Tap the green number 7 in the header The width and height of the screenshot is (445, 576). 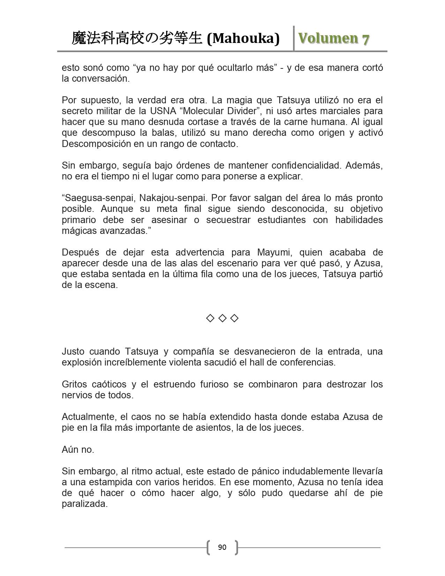[365, 39]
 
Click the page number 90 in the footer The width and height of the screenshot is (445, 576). [222, 547]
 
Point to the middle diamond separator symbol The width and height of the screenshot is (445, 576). [222, 318]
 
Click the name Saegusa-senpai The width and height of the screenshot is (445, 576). [99, 198]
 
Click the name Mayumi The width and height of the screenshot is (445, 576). [272, 252]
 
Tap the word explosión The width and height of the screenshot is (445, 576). [82, 362]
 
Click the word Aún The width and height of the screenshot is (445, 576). [70, 450]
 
